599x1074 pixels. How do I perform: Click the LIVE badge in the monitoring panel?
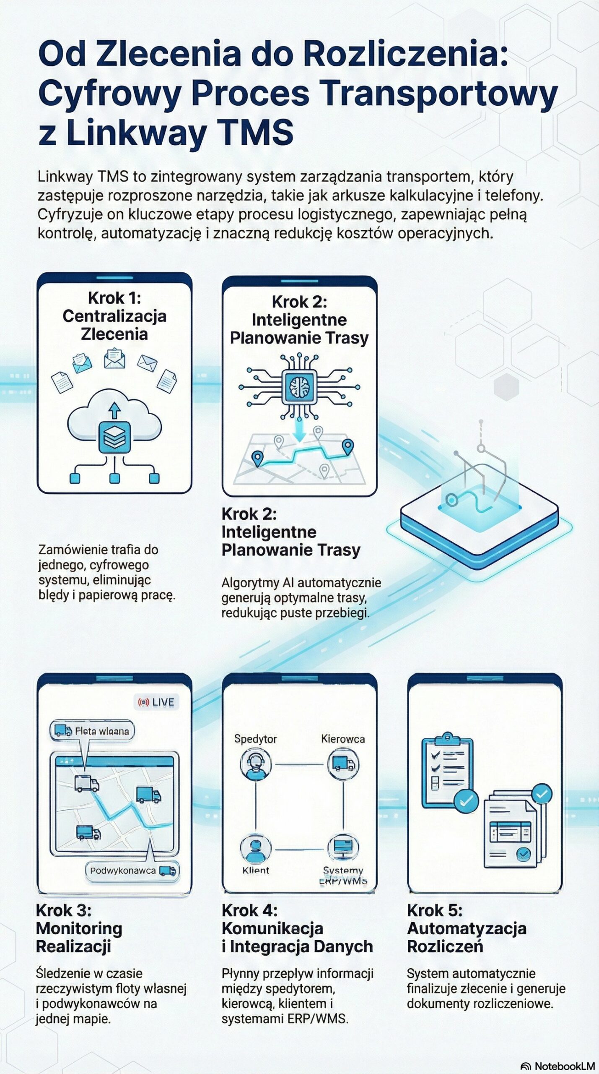(157, 702)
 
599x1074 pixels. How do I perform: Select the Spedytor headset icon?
(255, 764)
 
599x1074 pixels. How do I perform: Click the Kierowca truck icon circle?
(343, 764)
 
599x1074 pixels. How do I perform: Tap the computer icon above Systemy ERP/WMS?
(343, 847)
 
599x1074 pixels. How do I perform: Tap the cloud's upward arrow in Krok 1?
(114, 410)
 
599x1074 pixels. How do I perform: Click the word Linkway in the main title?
(137, 132)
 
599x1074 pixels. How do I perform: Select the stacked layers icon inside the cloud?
(114, 437)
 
